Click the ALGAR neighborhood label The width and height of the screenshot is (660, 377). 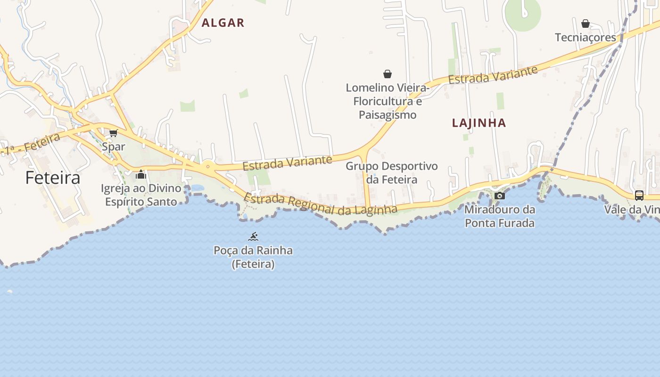pyautogui.click(x=223, y=23)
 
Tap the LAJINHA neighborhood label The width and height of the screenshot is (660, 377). pyautogui.click(x=479, y=123)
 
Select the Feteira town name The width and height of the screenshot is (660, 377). pyautogui.click(x=53, y=178)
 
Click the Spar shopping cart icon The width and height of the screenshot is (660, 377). pyautogui.click(x=113, y=133)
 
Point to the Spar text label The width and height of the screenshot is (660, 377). pyautogui.click(x=114, y=147)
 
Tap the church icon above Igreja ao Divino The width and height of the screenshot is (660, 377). pyautogui.click(x=141, y=175)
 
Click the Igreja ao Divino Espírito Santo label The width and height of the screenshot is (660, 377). pyautogui.click(x=141, y=195)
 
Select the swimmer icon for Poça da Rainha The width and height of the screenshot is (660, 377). pyautogui.click(x=253, y=237)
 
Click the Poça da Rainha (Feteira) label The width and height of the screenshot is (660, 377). pyautogui.click(x=253, y=257)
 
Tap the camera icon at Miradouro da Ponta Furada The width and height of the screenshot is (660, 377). pyautogui.click(x=500, y=196)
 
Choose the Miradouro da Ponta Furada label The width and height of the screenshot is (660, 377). pyautogui.click(x=500, y=216)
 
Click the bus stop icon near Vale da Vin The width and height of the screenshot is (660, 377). pyautogui.click(x=639, y=195)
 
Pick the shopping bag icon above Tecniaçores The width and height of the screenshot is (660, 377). pyautogui.click(x=586, y=24)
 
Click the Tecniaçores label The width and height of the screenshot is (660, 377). pyautogui.click(x=586, y=37)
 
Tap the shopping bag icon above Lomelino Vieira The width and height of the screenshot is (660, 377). pyautogui.click(x=388, y=74)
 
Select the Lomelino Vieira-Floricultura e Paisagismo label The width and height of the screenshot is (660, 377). pyautogui.click(x=388, y=101)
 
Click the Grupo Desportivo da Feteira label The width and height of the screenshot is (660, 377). pyautogui.click(x=391, y=173)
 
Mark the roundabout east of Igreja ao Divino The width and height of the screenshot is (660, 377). pyautogui.click(x=208, y=166)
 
